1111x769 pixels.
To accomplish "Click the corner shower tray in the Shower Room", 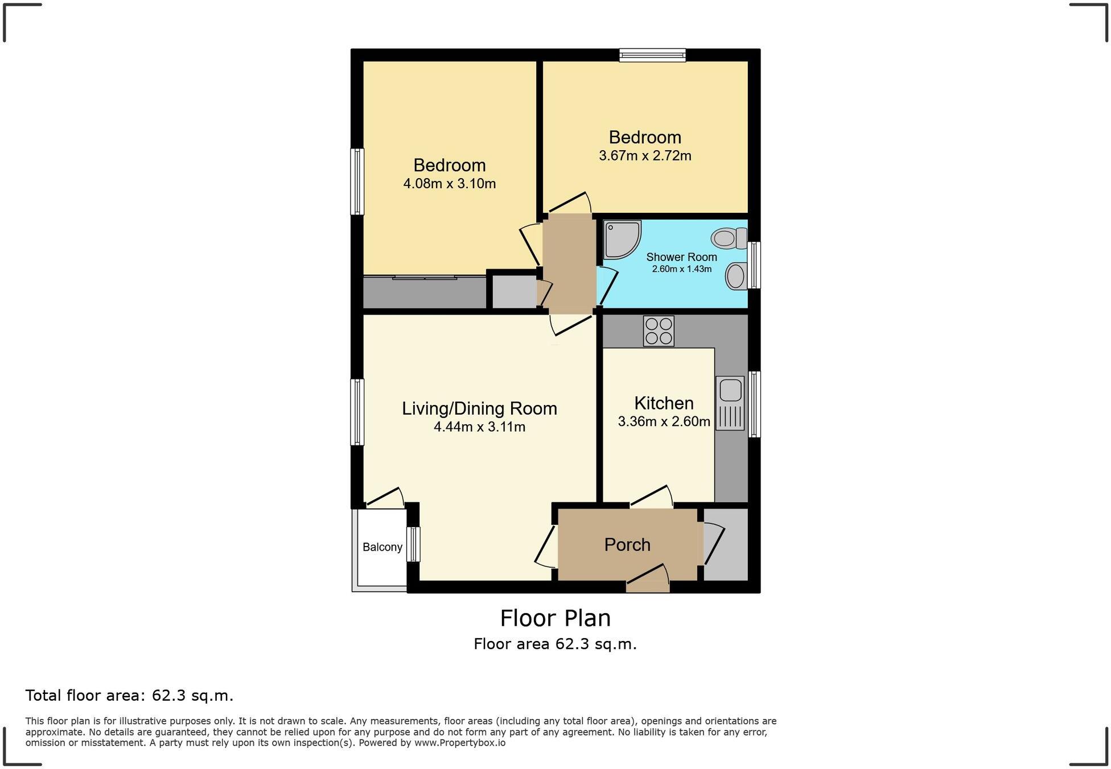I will coord(621,239).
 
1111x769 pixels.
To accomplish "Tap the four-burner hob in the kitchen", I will coord(659,331).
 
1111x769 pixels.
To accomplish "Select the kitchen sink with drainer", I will coord(730,403).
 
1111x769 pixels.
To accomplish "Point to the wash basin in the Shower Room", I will coord(735,276).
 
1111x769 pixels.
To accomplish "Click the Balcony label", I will coord(382,547).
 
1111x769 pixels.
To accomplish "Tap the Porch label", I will coord(627,545).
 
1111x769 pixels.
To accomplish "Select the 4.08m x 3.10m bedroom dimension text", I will coord(449,184).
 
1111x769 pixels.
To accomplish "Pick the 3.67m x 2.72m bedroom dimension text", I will coord(645,156).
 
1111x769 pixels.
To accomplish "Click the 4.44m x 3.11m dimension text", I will coord(479,427).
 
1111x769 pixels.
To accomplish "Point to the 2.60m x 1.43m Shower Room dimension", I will coord(681,269).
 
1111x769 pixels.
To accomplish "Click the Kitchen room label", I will coord(664,403).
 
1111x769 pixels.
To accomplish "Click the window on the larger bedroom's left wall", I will coord(357,182).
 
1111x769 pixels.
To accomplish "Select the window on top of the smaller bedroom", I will coord(652,55).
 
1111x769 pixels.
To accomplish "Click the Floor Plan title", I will coord(555,618).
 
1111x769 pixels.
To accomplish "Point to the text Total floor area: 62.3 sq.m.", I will coord(129,696).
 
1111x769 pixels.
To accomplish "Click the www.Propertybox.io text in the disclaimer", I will coord(459,743).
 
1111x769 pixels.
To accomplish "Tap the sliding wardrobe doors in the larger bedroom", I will coord(425,278).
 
